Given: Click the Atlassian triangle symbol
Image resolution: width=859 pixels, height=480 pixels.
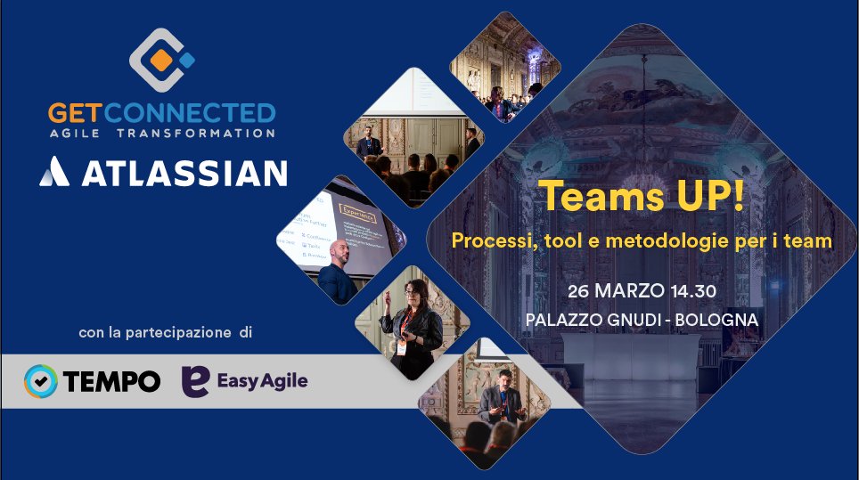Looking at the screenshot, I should pos(54,171).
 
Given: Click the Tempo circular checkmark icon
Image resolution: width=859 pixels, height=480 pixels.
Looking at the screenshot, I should pos(41,381).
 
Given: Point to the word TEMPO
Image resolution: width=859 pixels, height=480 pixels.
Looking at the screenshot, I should pos(111,381).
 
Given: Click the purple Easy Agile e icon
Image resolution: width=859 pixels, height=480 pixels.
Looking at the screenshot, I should pos(195,381).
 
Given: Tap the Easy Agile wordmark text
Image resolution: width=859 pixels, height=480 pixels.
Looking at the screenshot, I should pos(262,381).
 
